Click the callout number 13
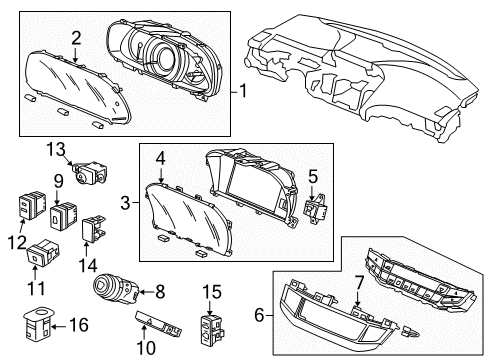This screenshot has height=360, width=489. (x=56, y=150)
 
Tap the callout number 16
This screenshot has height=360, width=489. (x=79, y=325)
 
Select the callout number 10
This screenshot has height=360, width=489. (x=146, y=348)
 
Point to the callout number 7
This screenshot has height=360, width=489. (x=359, y=284)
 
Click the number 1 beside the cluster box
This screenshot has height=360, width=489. (x=243, y=91)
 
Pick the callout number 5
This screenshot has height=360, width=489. (x=313, y=177)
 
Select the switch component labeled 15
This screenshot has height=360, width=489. (x=212, y=329)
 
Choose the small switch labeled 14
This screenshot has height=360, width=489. (x=94, y=228)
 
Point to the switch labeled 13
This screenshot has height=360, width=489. (x=89, y=172)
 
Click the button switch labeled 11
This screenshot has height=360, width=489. (x=43, y=252)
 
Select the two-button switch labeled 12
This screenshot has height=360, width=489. (x=32, y=205)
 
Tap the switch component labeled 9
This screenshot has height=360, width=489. (x=63, y=216)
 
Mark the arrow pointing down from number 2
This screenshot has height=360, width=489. (x=76, y=54)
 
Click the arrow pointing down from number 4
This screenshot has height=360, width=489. (x=161, y=176)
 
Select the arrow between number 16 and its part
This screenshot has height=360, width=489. (x=59, y=327)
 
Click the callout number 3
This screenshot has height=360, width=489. (x=125, y=202)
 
